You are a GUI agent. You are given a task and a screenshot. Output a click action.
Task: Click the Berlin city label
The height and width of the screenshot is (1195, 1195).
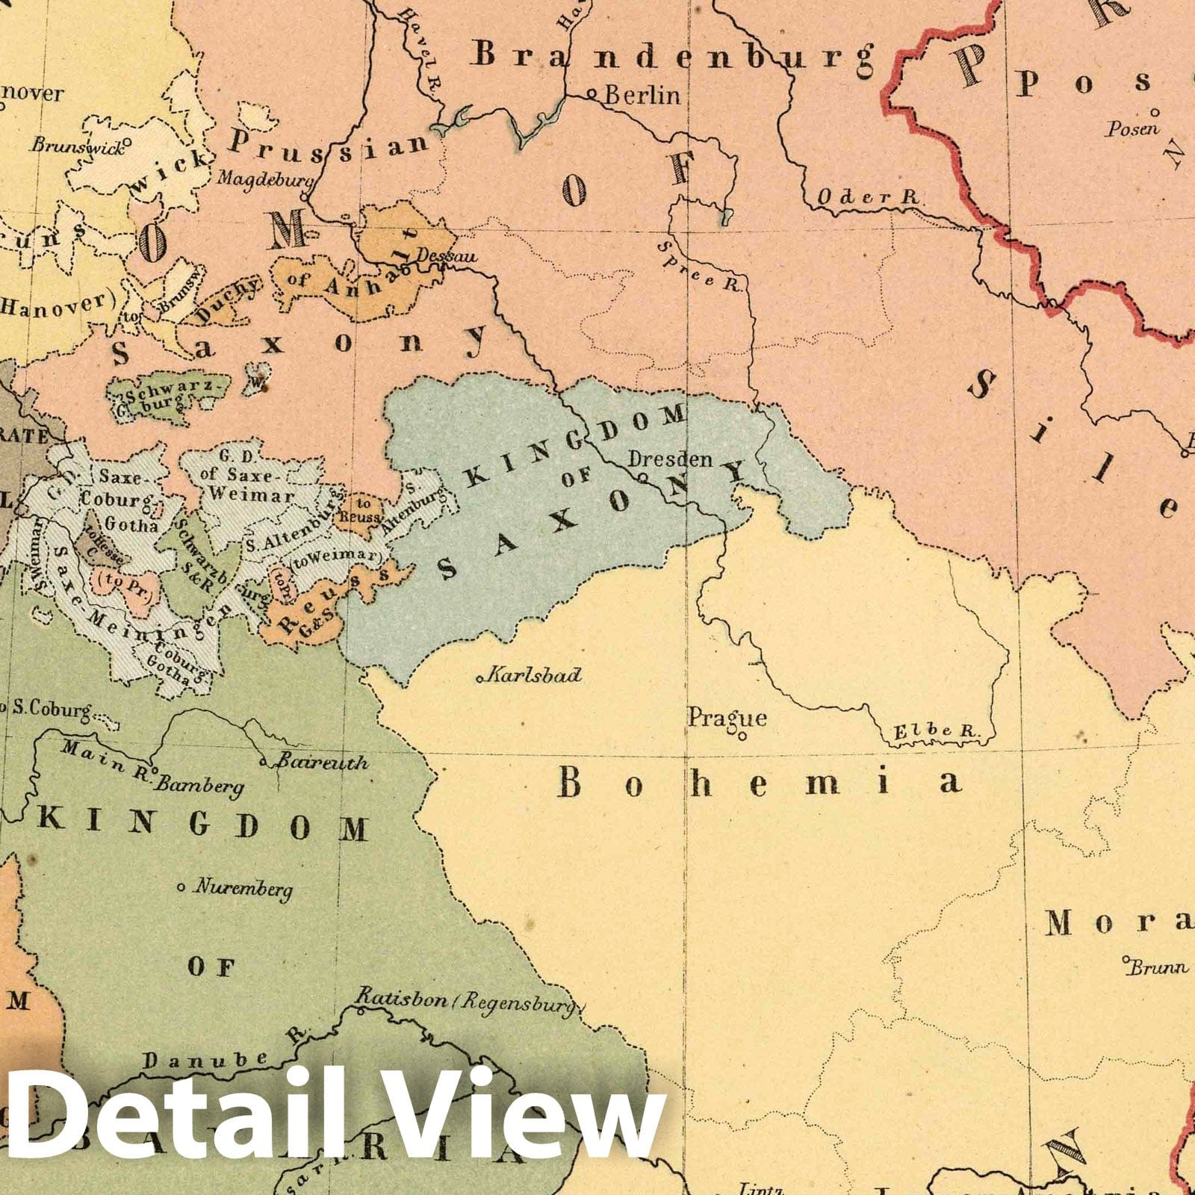click(642, 96)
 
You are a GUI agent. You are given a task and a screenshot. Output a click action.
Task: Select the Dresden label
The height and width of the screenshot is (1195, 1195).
click(670, 459)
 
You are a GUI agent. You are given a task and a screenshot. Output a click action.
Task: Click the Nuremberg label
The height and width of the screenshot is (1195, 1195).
click(243, 888)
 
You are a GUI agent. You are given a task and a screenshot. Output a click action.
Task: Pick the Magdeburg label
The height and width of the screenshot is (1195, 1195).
click(264, 179)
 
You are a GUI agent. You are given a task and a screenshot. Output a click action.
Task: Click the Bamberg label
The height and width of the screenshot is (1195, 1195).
click(201, 785)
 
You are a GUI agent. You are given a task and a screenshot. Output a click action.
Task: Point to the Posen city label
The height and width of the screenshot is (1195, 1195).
click(1132, 128)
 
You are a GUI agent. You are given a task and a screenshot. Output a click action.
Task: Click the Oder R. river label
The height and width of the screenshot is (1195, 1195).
click(866, 197)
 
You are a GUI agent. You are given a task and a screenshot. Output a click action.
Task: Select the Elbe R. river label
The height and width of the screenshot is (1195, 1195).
click(936, 732)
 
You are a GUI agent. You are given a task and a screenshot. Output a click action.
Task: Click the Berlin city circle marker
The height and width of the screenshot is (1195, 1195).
click(592, 95)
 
